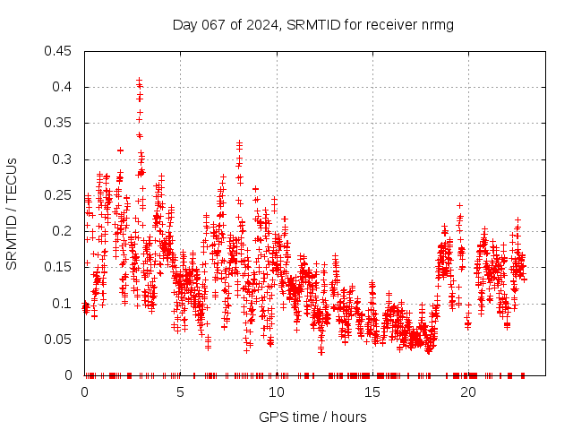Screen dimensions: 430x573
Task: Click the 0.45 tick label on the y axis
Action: [x=59, y=51]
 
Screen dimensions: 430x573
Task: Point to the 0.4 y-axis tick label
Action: [x=63, y=87]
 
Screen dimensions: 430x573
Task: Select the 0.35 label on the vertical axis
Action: [x=59, y=123]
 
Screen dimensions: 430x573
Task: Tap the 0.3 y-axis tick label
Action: [x=63, y=159]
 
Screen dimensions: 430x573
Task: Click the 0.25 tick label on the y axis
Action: [x=59, y=195]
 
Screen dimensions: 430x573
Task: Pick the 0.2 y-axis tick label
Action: [x=63, y=231]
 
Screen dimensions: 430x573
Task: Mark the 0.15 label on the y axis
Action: [x=59, y=267]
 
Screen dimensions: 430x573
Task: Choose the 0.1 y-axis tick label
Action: [x=63, y=304]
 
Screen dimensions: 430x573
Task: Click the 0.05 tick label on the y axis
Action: [x=59, y=340]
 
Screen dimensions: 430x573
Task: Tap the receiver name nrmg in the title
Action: [x=438, y=25]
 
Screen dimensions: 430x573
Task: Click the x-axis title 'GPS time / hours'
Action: [x=312, y=417]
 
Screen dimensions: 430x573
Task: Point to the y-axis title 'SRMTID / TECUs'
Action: [x=12, y=213]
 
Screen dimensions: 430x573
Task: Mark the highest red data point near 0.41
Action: [x=139, y=81]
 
